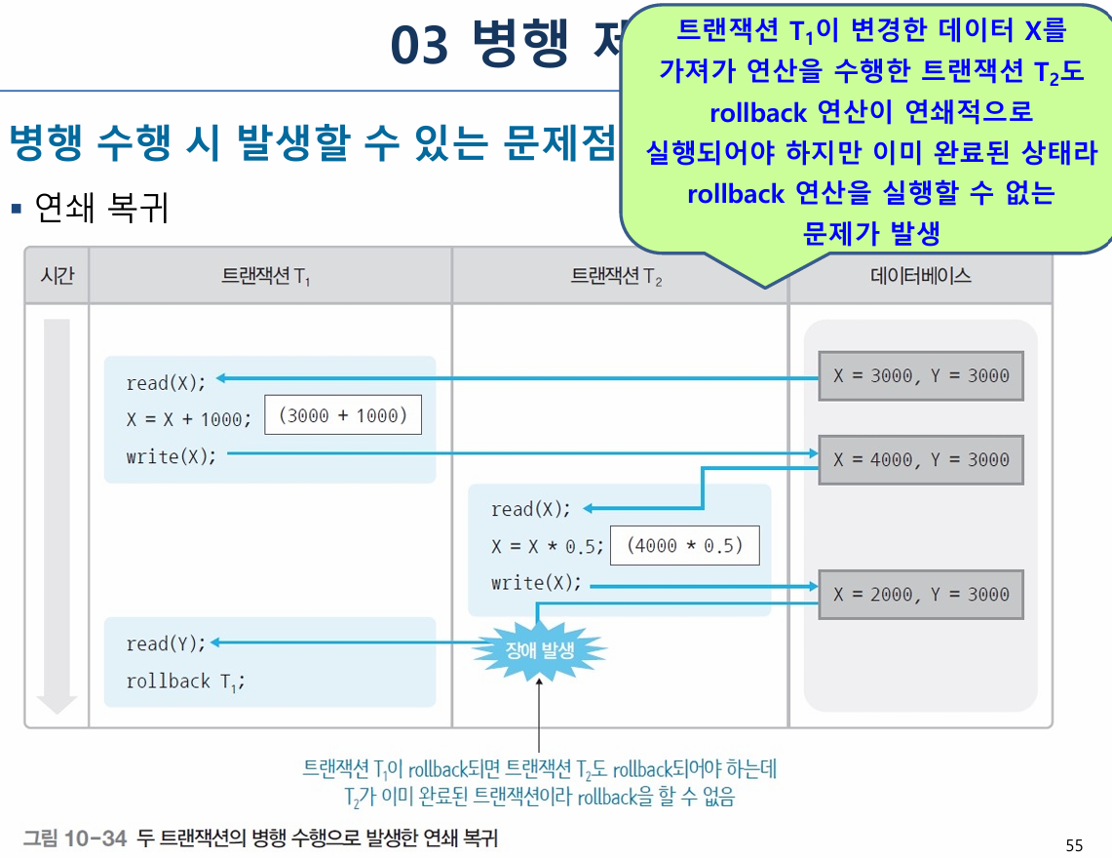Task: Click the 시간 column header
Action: click(x=57, y=276)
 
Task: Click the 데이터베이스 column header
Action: click(x=920, y=276)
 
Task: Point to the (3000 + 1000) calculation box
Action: click(x=343, y=415)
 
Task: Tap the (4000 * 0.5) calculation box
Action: click(x=684, y=546)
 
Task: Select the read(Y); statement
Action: click(x=167, y=643)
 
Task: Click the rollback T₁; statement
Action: click(x=185, y=681)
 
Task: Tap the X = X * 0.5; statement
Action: click(x=548, y=547)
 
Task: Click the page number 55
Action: click(x=1074, y=845)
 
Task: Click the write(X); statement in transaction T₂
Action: click(x=536, y=583)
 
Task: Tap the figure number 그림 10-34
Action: click(x=75, y=838)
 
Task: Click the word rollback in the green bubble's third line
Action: click(x=758, y=113)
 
